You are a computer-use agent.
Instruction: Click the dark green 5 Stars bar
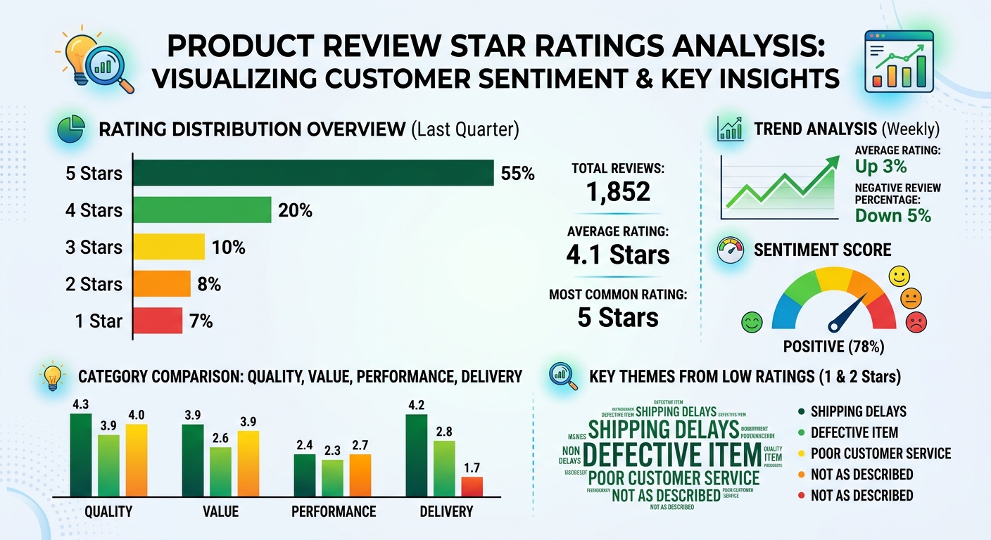coord(313,173)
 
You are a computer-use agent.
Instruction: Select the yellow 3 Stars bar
coord(169,247)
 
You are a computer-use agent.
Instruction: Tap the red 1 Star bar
coord(158,321)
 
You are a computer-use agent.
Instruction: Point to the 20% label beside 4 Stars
coord(296,210)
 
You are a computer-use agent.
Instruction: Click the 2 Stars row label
coord(94,284)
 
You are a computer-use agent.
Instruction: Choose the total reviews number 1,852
coord(618,191)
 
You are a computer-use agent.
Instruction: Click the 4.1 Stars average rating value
coord(618,254)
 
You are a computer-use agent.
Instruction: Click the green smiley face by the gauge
coord(752,323)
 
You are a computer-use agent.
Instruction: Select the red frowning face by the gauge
coord(916,323)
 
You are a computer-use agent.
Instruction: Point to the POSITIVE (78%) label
coord(834,347)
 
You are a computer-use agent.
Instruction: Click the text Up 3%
coord(880,167)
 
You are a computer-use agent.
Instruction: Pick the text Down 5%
coord(892,215)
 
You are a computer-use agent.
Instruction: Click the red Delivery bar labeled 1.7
coord(472,487)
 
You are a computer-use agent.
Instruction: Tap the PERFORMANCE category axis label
coord(334,511)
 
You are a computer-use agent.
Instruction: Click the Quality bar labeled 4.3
coord(81,456)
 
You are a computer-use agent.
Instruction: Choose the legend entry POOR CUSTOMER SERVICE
coord(880,454)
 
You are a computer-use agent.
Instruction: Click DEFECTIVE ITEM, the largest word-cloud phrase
coord(671,455)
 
